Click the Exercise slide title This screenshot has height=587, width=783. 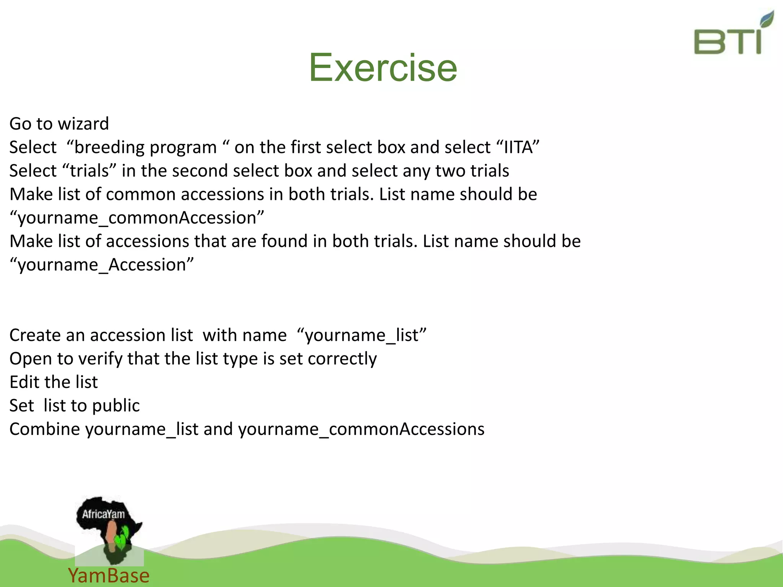pyautogui.click(x=383, y=68)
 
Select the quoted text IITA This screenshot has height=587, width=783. pyautogui.click(x=518, y=148)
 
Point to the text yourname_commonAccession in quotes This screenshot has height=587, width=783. pyautogui.click(x=137, y=218)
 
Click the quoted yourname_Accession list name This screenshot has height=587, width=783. pyautogui.click(x=102, y=265)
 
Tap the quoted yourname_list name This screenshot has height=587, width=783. pyautogui.click(x=362, y=335)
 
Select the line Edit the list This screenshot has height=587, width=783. pyautogui.click(x=54, y=382)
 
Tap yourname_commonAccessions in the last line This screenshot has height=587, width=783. pyautogui.click(x=361, y=429)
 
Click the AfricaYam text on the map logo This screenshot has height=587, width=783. pyautogui.click(x=103, y=514)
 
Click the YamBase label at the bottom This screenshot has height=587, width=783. pyautogui.click(x=109, y=576)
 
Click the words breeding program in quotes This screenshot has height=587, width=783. pyautogui.click(x=146, y=148)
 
